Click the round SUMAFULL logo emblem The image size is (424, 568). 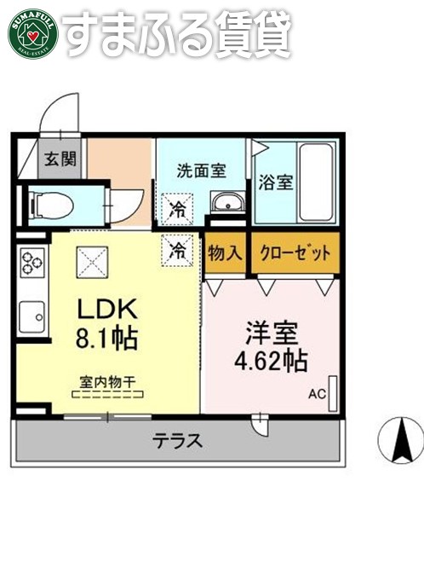coord(32,32)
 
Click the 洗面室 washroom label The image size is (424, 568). coord(201,170)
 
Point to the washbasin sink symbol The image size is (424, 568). coord(226,204)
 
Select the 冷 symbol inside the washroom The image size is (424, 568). coord(179,207)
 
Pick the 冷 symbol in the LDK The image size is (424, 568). coord(179,249)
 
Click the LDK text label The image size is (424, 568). coord(103,309)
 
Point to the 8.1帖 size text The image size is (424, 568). coord(106,339)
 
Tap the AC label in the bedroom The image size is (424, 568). coord(317,394)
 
